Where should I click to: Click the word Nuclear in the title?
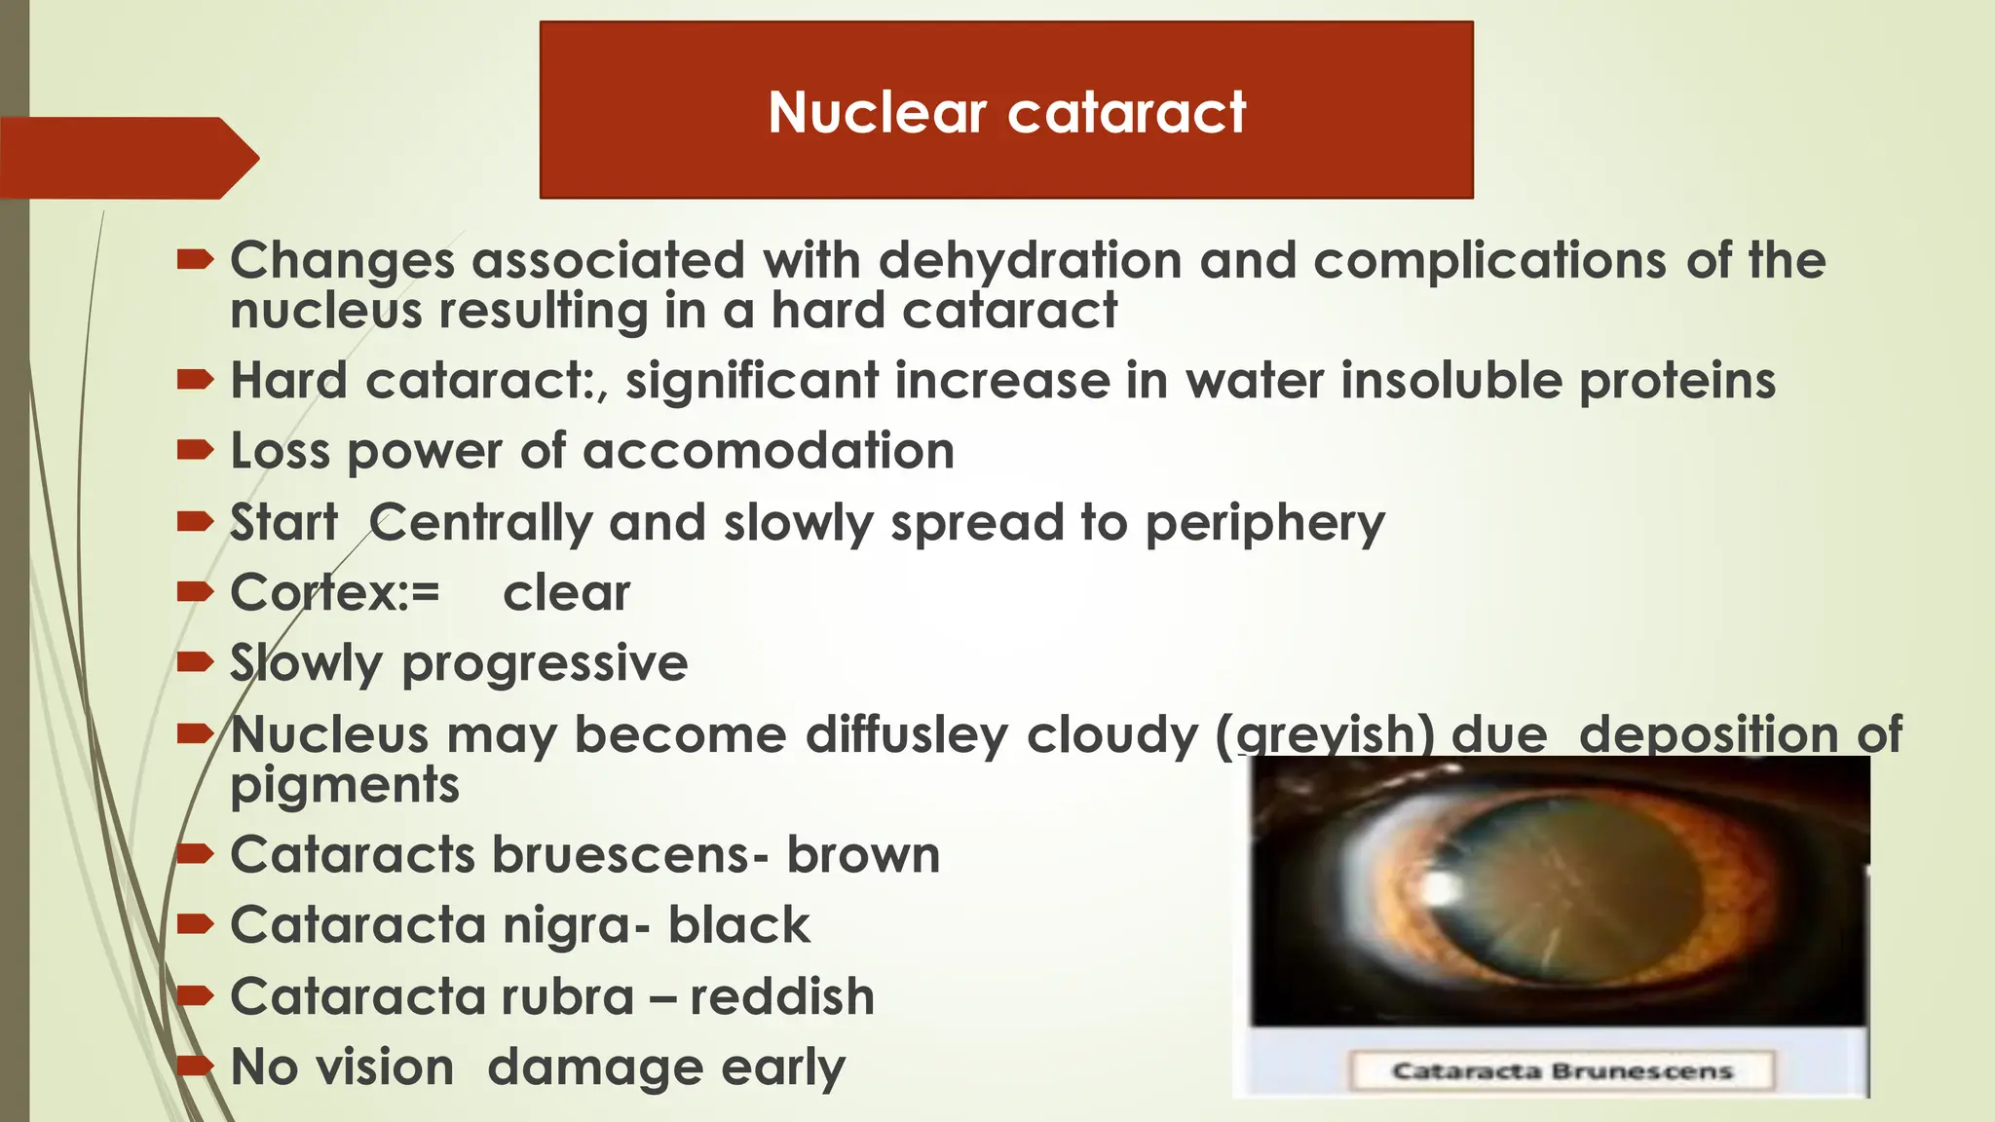pyautogui.click(x=877, y=112)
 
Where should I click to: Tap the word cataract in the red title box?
pyautogui.click(x=1127, y=112)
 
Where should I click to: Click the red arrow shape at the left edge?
pyautogui.click(x=127, y=158)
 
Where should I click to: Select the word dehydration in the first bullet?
pyautogui.click(x=1030, y=261)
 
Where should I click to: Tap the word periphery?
pyautogui.click(x=1263, y=523)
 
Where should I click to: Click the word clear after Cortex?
pyautogui.click(x=566, y=592)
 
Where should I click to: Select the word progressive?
pyautogui.click(x=545, y=664)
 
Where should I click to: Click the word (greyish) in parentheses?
pyautogui.click(x=1325, y=734)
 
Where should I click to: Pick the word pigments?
pyautogui.click(x=344, y=784)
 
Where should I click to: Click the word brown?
pyautogui.click(x=863, y=855)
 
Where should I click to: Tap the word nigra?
pyautogui.click(x=576, y=925)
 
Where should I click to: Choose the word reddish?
pyautogui.click(x=782, y=996)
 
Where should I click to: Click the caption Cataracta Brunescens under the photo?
pyautogui.click(x=1562, y=1071)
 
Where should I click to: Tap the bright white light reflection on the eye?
pyautogui.click(x=1440, y=886)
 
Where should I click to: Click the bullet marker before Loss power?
pyautogui.click(x=195, y=450)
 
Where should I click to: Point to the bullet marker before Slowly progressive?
pyautogui.click(x=195, y=663)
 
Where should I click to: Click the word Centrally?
pyautogui.click(x=479, y=523)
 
